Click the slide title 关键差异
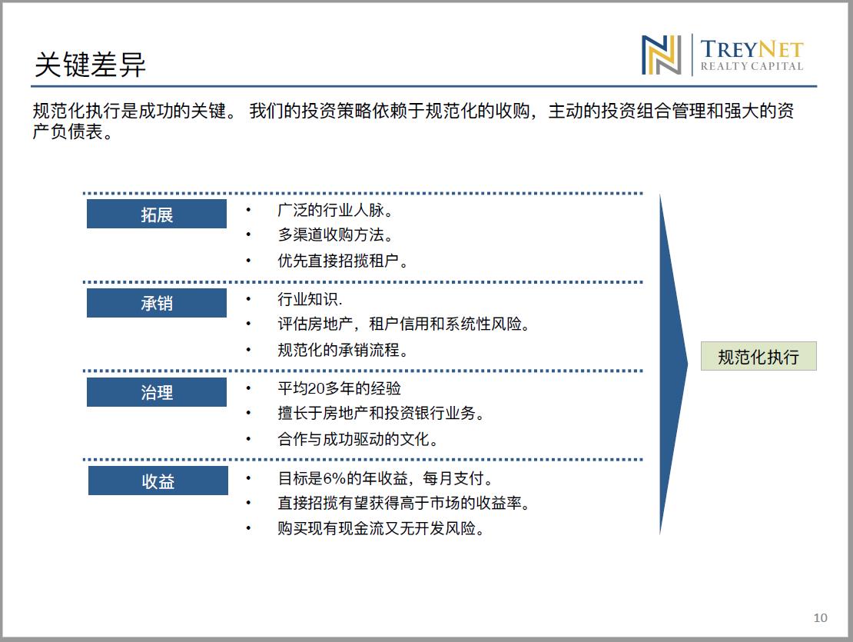91,65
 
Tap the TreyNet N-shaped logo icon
661,55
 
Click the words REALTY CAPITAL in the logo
752,66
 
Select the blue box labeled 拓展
157,214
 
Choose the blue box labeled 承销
157,303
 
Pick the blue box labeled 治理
157,392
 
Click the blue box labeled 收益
158,481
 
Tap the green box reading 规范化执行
758,356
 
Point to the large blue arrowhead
673,364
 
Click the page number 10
821,617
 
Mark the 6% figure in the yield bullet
334,478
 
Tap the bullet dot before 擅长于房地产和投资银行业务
248,413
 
